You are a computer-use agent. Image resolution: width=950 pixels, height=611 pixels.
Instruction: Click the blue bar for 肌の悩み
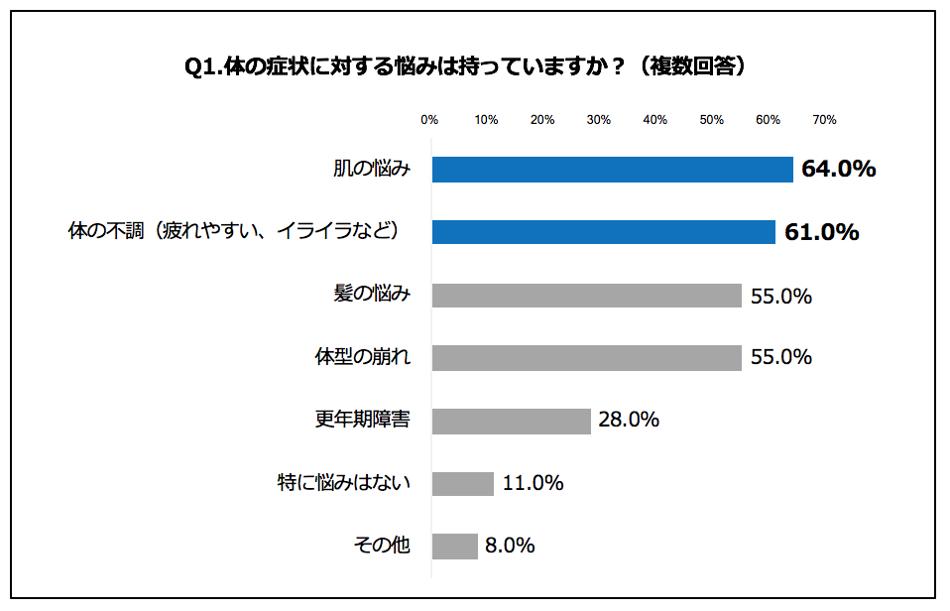click(613, 170)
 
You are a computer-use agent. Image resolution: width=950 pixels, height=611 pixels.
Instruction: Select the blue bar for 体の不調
click(604, 232)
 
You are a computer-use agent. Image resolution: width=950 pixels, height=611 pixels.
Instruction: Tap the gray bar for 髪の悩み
click(587, 296)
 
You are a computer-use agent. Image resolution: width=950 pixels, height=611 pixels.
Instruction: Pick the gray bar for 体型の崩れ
click(587, 357)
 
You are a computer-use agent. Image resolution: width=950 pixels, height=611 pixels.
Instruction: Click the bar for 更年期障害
click(512, 421)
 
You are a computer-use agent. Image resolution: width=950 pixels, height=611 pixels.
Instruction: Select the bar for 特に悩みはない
click(463, 483)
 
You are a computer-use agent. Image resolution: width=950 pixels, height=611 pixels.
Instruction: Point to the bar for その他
click(455, 546)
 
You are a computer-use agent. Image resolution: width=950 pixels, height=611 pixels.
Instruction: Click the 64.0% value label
click(839, 170)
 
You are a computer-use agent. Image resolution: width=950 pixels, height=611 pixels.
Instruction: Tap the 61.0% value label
click(821, 232)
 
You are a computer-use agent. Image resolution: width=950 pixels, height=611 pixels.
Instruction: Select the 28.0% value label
click(629, 420)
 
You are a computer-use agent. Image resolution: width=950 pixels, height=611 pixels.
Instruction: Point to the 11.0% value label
click(533, 483)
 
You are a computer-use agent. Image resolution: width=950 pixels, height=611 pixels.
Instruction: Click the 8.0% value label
click(510, 546)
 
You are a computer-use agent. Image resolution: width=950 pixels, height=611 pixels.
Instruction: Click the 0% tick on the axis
click(429, 120)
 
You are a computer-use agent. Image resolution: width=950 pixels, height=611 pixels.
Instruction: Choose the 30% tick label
click(599, 120)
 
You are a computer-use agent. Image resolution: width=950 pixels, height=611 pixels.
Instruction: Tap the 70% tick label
click(824, 120)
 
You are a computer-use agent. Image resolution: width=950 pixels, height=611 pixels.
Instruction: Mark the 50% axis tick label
click(711, 120)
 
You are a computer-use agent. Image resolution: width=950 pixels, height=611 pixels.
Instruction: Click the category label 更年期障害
click(370, 420)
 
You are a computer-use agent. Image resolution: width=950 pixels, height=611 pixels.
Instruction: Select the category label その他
click(382, 546)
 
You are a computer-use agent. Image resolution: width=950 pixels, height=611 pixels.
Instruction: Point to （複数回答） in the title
click(691, 66)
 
